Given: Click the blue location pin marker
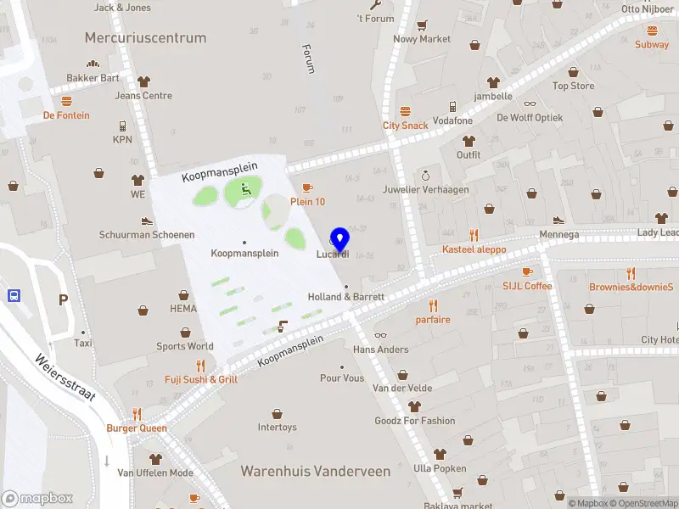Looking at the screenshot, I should (340, 240).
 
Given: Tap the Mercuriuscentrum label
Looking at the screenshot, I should (145, 38).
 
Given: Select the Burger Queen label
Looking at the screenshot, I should (137, 428).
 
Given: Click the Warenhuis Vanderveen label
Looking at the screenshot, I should (316, 471).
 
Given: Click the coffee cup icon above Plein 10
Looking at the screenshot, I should (307, 187).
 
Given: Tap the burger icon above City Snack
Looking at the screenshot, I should (405, 112).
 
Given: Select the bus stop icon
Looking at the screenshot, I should (14, 296).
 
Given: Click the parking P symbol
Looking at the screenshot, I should (63, 299).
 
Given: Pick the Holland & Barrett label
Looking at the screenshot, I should (346, 297).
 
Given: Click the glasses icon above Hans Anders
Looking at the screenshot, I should (380, 336).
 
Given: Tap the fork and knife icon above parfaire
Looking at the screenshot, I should (433, 305).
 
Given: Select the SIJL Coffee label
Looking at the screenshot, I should (527, 286).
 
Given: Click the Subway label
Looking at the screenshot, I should (652, 44).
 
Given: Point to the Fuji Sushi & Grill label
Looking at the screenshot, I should (201, 379).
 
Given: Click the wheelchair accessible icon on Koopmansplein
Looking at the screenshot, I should (247, 189).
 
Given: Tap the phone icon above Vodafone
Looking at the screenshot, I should (452, 107).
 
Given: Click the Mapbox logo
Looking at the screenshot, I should (37, 499).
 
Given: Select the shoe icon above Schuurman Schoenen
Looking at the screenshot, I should (146, 221).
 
